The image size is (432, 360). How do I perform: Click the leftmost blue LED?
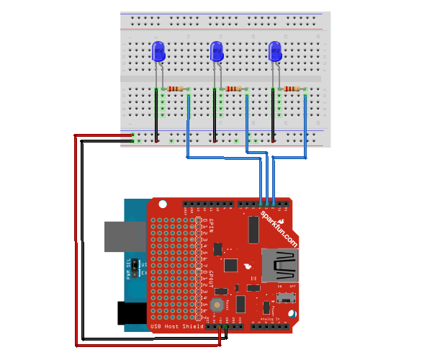[x=159, y=51]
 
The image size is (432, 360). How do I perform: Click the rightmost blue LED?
[x=275, y=51]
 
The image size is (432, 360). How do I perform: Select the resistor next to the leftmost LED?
[x=176, y=89]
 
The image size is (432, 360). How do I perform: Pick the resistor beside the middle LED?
[x=234, y=89]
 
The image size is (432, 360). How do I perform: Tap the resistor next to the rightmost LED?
[x=292, y=89]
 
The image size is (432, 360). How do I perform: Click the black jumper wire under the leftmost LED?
[x=156, y=115]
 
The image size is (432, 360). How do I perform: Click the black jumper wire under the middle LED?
[x=215, y=115]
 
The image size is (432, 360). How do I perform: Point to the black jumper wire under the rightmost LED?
[x=273, y=115]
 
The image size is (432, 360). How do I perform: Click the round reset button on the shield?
[x=216, y=306]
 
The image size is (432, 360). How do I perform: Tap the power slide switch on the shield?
[x=290, y=297]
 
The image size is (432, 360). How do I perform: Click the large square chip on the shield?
[x=230, y=266]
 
